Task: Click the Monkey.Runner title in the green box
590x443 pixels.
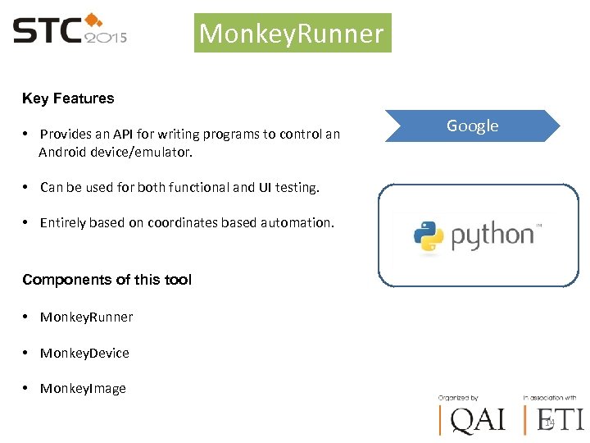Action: pos(292,34)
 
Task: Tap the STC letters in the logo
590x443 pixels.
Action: pos(47,31)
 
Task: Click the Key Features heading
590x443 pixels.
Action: pos(68,98)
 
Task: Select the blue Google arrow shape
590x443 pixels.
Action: pos(472,126)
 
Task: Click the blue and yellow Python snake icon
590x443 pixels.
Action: pos(429,235)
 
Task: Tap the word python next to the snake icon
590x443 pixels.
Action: pos(492,236)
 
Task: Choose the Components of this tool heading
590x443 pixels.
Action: pos(107,280)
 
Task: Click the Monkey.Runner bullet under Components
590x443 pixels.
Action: pos(86,317)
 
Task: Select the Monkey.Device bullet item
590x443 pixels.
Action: pos(84,353)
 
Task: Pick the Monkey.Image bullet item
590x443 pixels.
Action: pos(83,389)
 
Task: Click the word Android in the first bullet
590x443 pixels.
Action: pos(63,152)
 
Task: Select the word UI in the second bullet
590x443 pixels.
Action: pos(264,187)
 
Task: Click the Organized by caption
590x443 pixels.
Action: pos(459,397)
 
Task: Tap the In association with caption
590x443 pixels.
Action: pos(549,397)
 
